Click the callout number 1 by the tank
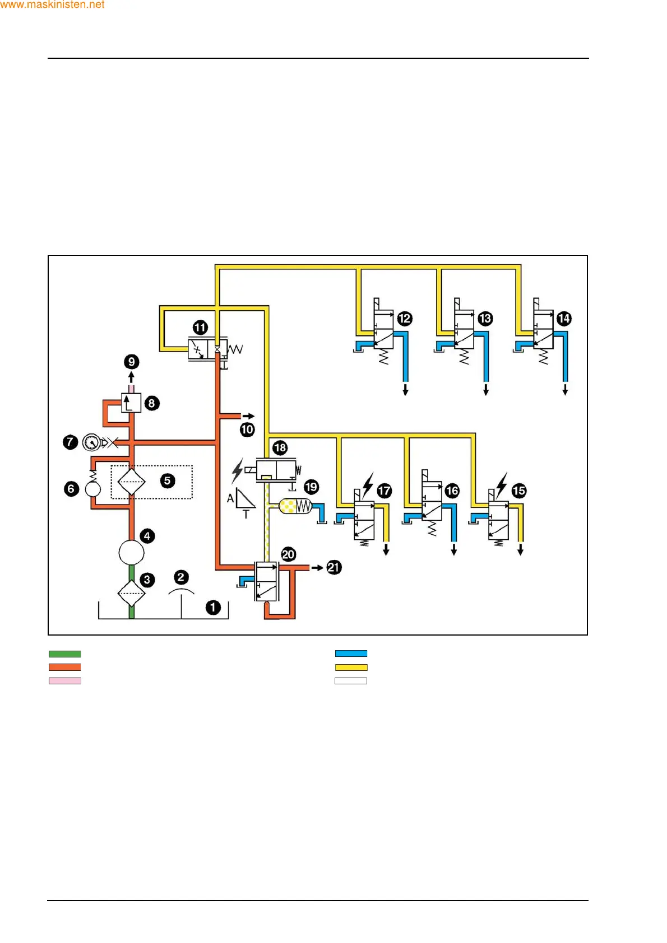click(213, 608)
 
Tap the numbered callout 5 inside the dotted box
click(167, 480)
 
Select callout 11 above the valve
click(200, 328)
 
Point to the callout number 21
click(333, 567)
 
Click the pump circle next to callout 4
click(132, 552)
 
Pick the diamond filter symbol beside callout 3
click(132, 593)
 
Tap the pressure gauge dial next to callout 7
click(91, 442)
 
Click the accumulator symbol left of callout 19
click(295, 506)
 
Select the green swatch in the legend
click(65, 653)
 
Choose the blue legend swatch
click(351, 653)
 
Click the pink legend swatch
click(65, 681)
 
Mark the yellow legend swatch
click(351, 667)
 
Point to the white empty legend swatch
click(351, 681)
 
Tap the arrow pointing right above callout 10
click(248, 416)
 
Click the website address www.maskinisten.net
click(52, 4)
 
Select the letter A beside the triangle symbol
click(230, 498)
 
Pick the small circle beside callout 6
click(93, 489)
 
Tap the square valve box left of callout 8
click(131, 403)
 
